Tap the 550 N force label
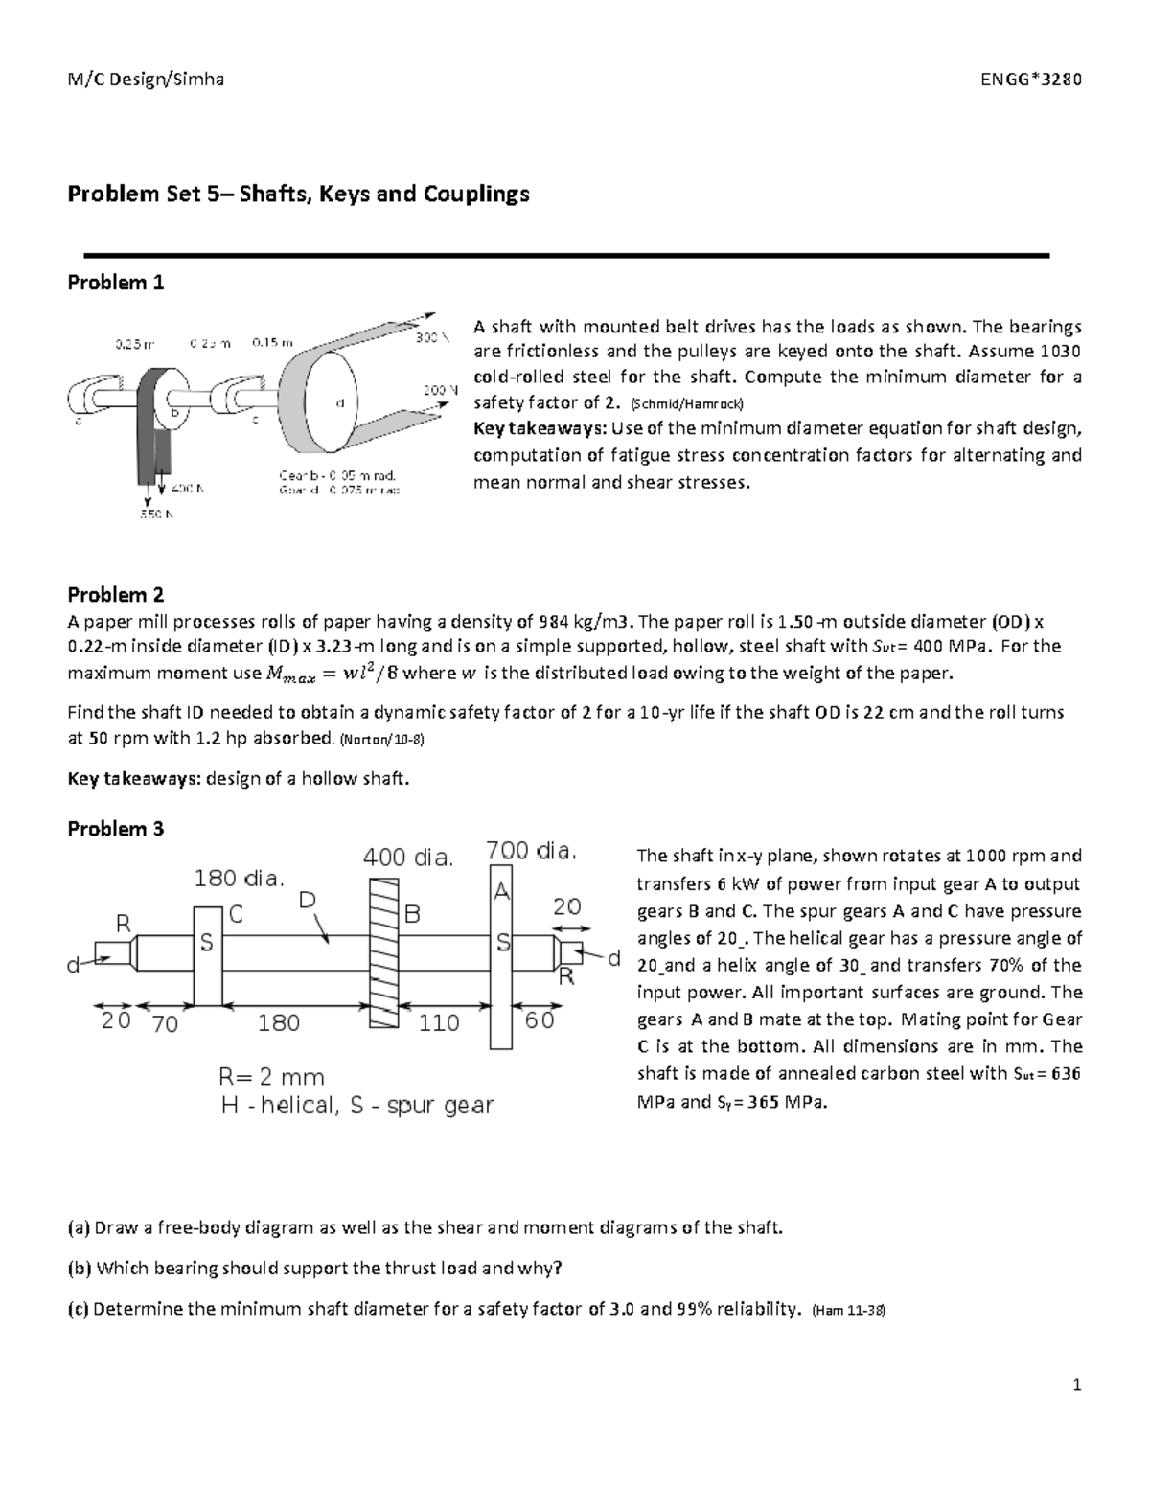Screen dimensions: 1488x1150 pyautogui.click(x=157, y=515)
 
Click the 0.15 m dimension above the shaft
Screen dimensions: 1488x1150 pyautogui.click(x=272, y=341)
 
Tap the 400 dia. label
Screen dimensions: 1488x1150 pyautogui.click(x=407, y=858)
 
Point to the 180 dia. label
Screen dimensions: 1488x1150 pyautogui.click(x=240, y=878)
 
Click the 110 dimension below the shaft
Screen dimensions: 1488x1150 pyautogui.click(x=440, y=1022)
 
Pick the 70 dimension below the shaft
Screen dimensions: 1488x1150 pyautogui.click(x=165, y=1024)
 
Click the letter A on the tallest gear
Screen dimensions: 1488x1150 pyautogui.click(x=500, y=891)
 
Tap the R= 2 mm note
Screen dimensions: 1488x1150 pyautogui.click(x=272, y=1077)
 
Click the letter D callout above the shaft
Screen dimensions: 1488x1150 pyautogui.click(x=307, y=900)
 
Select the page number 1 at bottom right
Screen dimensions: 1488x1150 pyautogui.click(x=1077, y=1385)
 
